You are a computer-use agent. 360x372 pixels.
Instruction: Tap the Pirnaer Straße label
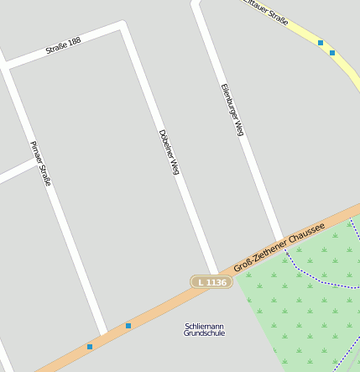point(40,163)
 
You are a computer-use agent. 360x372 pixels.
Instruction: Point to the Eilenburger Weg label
point(232,109)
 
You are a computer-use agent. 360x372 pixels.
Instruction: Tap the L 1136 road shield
point(210,282)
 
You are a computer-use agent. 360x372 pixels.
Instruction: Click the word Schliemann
point(204,326)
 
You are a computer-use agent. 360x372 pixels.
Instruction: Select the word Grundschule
point(204,333)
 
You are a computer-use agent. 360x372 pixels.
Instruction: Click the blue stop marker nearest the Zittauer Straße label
point(321,42)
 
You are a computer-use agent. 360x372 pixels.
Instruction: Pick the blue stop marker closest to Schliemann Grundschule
point(128,325)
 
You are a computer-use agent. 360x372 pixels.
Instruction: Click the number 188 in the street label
point(74,40)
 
